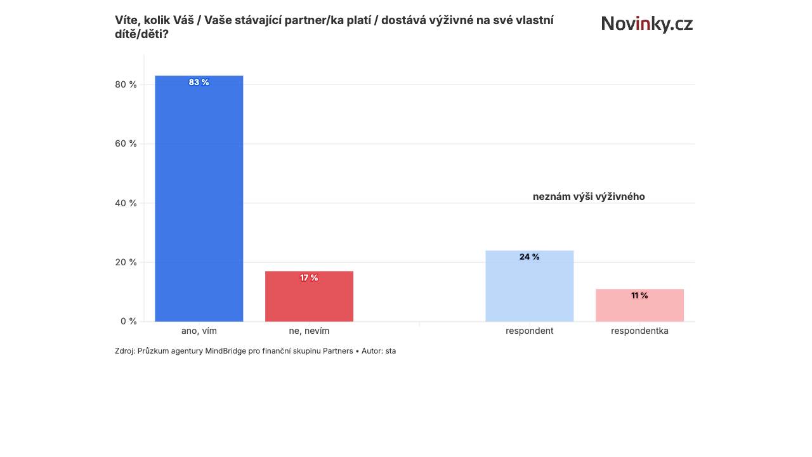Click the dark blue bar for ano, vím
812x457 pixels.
199,199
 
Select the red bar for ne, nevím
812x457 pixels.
309,296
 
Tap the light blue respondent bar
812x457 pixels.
530,286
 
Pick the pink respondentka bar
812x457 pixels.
640,305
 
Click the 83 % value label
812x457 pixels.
199,83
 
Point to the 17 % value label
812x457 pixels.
309,278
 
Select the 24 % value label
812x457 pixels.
530,257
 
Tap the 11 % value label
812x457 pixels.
640,296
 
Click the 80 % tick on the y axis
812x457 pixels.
126,84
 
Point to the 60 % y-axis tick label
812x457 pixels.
126,143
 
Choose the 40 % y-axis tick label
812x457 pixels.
126,203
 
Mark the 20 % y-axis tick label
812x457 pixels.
126,262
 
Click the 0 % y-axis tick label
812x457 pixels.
129,321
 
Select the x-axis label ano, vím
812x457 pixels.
199,331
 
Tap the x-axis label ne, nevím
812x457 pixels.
309,331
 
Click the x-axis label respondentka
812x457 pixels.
640,331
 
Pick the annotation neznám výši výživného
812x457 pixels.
589,197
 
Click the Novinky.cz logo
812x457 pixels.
647,24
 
